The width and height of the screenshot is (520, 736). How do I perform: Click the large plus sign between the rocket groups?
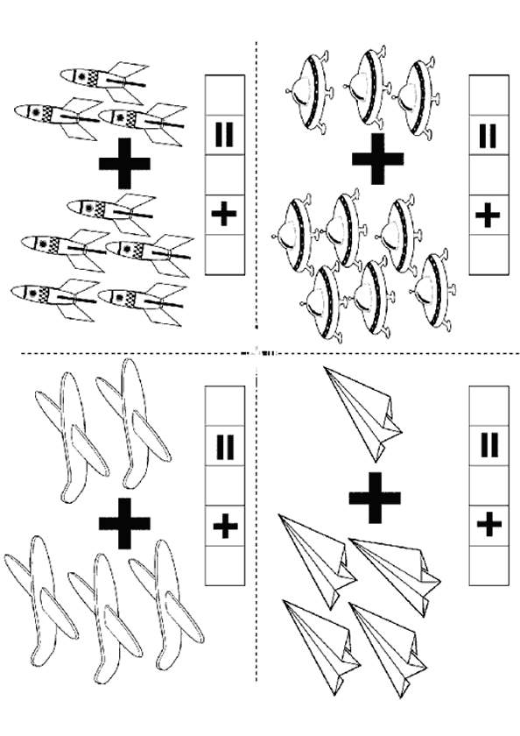pyautogui.click(x=124, y=163)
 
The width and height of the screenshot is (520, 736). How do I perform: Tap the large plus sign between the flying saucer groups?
pyautogui.click(x=377, y=159)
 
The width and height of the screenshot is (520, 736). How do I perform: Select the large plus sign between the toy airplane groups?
pyautogui.click(x=124, y=523)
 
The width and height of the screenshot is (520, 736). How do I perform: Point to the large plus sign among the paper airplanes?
pyautogui.click(x=375, y=498)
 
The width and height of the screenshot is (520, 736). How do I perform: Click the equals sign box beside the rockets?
pyautogui.click(x=225, y=135)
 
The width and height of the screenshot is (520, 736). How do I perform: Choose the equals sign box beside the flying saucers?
pyautogui.click(x=488, y=135)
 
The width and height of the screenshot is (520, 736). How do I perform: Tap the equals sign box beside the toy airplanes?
pyautogui.click(x=225, y=446)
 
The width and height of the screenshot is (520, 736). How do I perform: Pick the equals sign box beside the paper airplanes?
pyautogui.click(x=488, y=446)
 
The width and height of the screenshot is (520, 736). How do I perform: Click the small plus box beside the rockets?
pyautogui.click(x=225, y=215)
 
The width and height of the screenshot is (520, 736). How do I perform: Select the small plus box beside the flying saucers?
pyautogui.click(x=488, y=215)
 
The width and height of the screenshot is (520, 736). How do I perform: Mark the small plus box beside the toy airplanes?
pyautogui.click(x=225, y=526)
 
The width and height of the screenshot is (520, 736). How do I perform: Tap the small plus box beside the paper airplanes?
pyautogui.click(x=488, y=526)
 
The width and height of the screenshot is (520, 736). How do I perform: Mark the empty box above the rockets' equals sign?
pyautogui.click(x=225, y=95)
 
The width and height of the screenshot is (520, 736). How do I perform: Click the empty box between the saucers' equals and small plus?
pyautogui.click(x=488, y=174)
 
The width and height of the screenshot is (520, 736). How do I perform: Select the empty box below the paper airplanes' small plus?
pyautogui.click(x=488, y=566)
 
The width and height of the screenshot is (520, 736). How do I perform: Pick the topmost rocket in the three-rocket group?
pyautogui.click(x=103, y=80)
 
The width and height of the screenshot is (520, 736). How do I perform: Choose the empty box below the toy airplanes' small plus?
pyautogui.click(x=225, y=566)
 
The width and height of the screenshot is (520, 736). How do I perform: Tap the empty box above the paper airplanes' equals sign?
pyautogui.click(x=488, y=406)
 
